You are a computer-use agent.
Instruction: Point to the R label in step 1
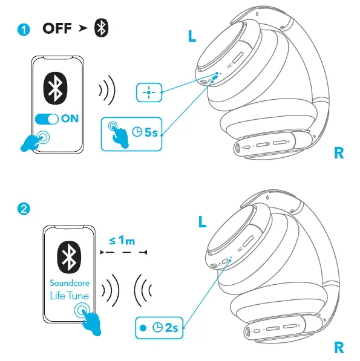(x=339, y=153)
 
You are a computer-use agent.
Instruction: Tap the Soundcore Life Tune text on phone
(x=69, y=290)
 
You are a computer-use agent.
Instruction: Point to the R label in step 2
(x=339, y=347)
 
